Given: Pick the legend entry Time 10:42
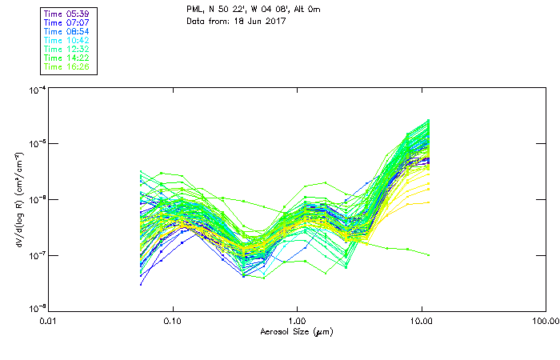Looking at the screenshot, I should click(x=67, y=41).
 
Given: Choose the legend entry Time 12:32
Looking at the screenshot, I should click(x=67, y=50).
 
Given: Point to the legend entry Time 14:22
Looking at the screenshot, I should click(x=67, y=58).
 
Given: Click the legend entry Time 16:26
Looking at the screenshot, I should click(x=67, y=67).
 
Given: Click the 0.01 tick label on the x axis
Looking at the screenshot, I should click(x=49, y=322).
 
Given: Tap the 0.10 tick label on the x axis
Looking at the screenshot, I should click(x=173, y=322).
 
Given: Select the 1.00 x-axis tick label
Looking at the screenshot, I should click(x=297, y=322).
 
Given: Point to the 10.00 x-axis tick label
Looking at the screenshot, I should click(x=421, y=322).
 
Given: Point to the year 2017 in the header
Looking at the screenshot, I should click(x=274, y=21).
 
